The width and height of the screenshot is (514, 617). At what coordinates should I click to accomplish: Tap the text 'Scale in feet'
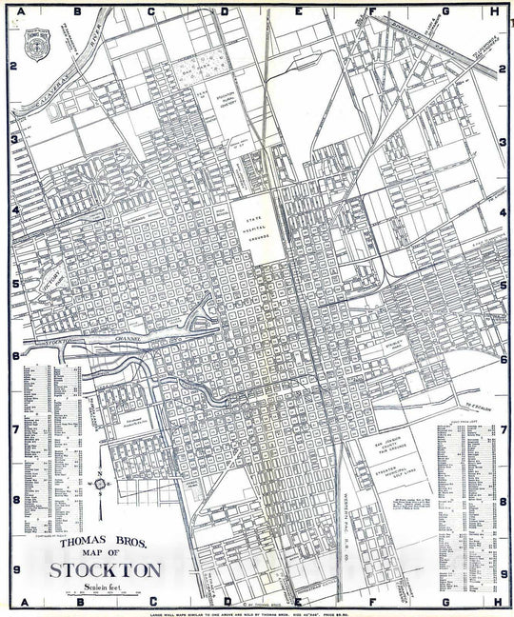(x=99, y=588)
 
